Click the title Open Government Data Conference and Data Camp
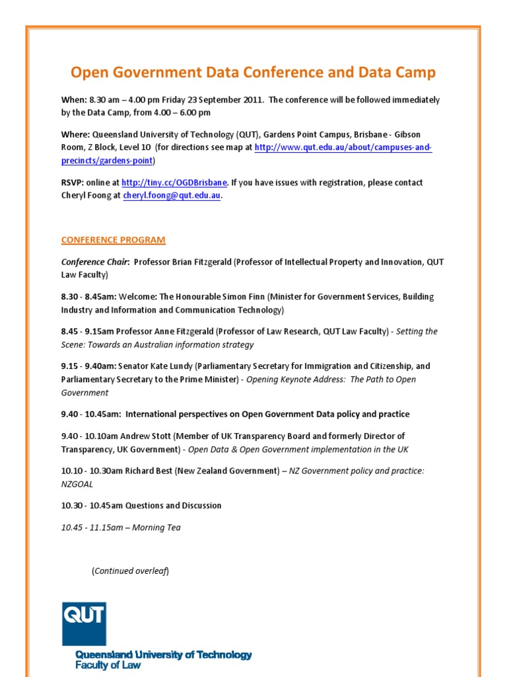(253, 73)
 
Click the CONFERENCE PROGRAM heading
(114, 239)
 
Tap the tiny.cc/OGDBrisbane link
(174, 182)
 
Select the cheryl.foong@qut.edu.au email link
(172, 196)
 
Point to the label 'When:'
(73, 100)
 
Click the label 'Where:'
(75, 134)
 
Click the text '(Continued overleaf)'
(130, 571)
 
